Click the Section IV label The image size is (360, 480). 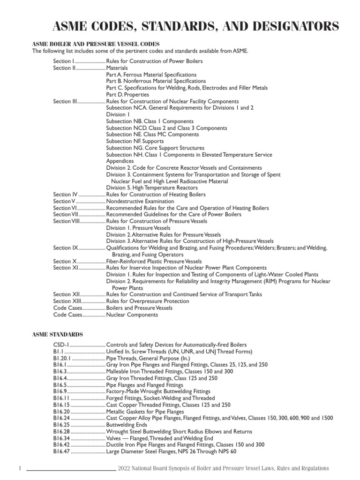(65, 194)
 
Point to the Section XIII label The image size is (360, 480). (67, 301)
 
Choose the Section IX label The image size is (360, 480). (65, 247)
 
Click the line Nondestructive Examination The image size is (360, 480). (140, 201)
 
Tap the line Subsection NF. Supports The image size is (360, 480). (135, 141)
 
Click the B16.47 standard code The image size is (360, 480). (62, 451)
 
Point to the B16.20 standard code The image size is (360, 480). (62, 411)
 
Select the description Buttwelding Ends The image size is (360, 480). (127, 425)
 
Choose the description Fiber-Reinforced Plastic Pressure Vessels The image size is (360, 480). (154, 261)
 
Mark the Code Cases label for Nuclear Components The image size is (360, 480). (68, 315)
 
